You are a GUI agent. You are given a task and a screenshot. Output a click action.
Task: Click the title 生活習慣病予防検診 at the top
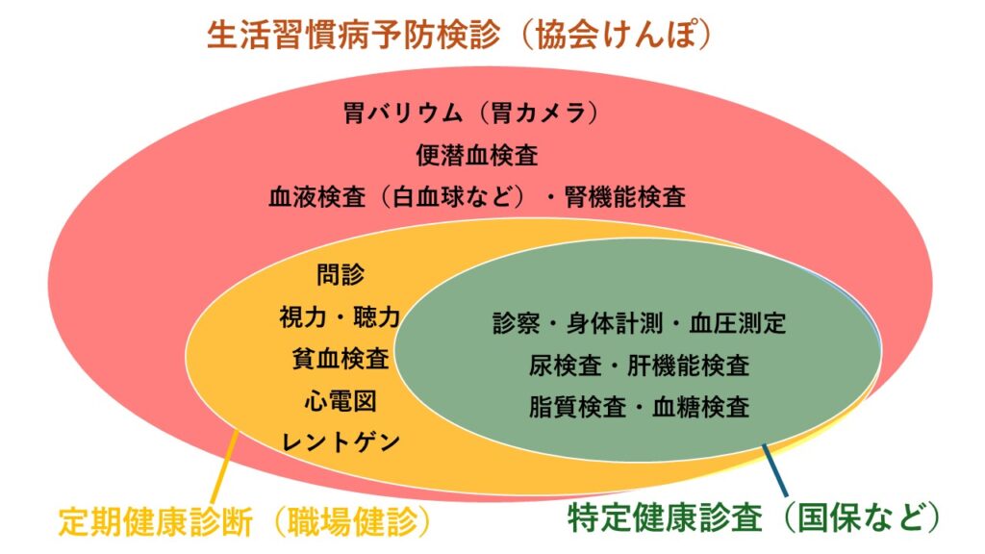coord(354,34)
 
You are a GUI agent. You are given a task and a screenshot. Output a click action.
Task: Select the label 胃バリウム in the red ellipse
coord(403,113)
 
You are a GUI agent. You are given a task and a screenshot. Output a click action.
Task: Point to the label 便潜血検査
coord(477,155)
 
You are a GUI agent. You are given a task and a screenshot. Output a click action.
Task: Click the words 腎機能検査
coord(624,197)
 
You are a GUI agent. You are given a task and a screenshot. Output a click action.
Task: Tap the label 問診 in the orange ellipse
coord(340,274)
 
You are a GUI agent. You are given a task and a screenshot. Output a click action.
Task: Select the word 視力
coord(303,316)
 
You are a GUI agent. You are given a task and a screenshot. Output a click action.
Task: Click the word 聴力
coord(377,316)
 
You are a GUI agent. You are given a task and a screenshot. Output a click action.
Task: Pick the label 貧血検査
coord(340,359)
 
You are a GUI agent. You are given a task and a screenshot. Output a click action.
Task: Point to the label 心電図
coord(340,401)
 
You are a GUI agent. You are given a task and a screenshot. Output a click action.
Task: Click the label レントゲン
coord(340,442)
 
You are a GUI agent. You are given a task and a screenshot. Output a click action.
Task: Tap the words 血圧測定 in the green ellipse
coord(737,323)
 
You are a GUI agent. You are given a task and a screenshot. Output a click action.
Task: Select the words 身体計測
coord(615,323)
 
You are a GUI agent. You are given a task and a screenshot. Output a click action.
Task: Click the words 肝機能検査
coord(689,365)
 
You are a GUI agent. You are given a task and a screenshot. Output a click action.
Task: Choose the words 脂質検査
coord(577,407)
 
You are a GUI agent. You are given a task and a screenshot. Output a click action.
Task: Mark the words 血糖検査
coord(700,407)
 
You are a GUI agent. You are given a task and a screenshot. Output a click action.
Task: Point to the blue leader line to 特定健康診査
coord(774,470)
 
